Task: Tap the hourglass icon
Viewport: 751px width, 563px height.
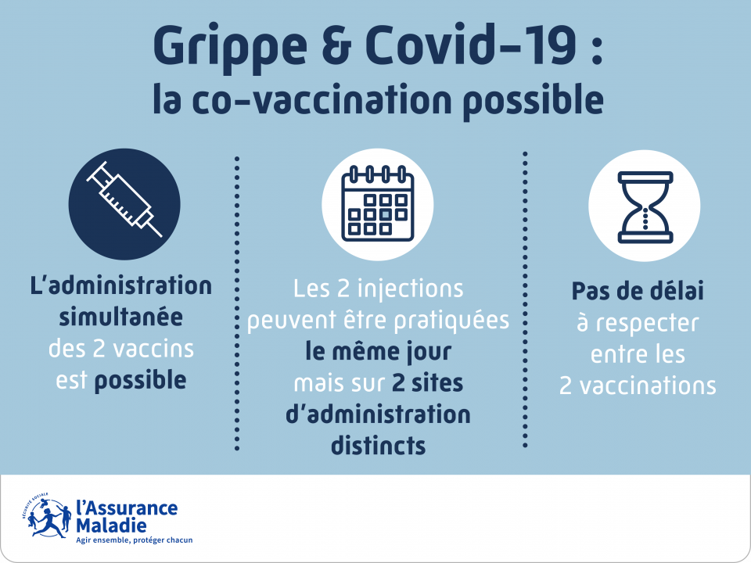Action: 645,205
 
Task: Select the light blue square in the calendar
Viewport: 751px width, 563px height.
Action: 385,213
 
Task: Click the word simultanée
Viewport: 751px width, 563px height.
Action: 120,317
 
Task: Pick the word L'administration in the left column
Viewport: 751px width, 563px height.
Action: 120,285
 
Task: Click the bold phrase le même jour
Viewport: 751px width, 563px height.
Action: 378,352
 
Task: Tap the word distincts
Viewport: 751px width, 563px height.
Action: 378,446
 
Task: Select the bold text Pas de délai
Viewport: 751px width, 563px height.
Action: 638,292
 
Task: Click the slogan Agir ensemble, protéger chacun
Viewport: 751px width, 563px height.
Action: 134,540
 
